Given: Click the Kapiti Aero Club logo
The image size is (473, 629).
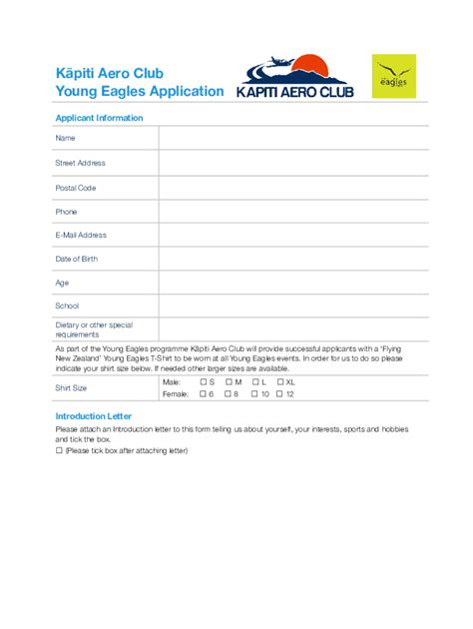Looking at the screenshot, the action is (291, 76).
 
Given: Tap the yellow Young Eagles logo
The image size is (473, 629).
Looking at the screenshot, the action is (395, 76).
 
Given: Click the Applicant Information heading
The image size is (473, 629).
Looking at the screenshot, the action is (99, 118).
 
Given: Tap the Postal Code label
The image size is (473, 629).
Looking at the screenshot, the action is (76, 187).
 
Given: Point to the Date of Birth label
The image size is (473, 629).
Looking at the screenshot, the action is (77, 259).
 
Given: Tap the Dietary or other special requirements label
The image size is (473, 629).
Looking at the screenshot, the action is (94, 329).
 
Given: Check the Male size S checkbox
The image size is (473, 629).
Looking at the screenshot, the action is (203, 382).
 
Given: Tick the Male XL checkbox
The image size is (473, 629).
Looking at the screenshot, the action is (280, 382).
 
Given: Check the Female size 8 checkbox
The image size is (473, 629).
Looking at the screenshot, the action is (229, 394).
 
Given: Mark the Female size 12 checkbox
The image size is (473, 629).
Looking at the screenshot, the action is (280, 394).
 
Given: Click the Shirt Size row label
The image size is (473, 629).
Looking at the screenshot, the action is (71, 387).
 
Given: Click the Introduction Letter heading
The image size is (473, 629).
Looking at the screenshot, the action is (93, 415).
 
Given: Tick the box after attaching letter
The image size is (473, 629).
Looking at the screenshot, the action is (59, 451).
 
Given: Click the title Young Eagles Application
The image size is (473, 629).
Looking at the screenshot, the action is (140, 91).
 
